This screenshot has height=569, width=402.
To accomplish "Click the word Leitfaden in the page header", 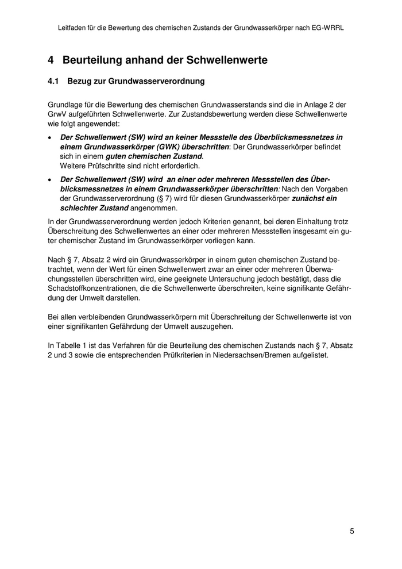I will click(x=72, y=27).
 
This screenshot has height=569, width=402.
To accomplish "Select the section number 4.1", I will click(x=53, y=82).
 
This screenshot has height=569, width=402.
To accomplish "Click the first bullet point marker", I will click(x=50, y=138).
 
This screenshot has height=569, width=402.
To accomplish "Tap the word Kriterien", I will click(x=217, y=221).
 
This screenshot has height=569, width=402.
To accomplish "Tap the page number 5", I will click(x=351, y=531).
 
